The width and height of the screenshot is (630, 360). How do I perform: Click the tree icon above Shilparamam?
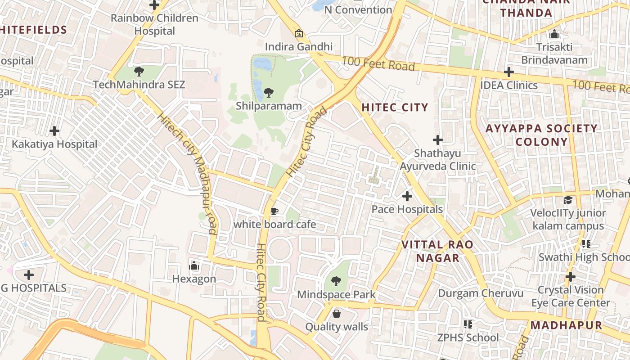coord(268,93)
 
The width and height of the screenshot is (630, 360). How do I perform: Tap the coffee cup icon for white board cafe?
coord(274,211)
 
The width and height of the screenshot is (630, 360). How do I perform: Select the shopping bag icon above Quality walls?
coord(337,314)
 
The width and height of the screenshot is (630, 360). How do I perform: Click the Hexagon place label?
coord(194,279)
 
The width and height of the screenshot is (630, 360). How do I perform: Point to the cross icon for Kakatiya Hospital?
coord(54,131)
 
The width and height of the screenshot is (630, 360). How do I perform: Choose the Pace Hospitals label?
coord(407,209)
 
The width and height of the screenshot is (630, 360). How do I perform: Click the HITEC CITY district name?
coord(395,107)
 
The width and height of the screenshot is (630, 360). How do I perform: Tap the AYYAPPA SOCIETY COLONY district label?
coord(541,135)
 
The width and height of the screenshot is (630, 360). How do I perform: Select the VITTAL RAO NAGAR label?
coord(437,251)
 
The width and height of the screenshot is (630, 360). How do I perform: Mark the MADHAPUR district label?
coord(566,325)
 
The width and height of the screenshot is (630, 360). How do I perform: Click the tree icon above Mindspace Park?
coord(336,282)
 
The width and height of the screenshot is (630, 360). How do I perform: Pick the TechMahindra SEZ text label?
coord(139,85)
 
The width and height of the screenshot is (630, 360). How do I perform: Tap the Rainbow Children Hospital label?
coord(154,24)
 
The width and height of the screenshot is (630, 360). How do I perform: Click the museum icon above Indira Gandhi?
coord(298,33)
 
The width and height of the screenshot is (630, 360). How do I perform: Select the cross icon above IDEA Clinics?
coord(509,72)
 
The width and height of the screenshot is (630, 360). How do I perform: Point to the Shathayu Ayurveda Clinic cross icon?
coord(437,140)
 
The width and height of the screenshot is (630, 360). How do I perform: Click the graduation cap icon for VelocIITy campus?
coord(568,200)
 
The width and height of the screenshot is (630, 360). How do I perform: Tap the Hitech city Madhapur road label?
coord(187,173)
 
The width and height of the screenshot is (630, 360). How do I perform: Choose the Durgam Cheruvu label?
coord(481,293)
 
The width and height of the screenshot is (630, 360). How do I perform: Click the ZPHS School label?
coord(468,337)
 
